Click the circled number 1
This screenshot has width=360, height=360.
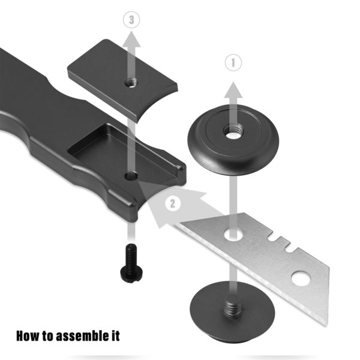tap(232, 62)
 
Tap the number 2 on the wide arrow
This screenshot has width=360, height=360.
tap(172, 203)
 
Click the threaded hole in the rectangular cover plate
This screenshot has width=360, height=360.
tap(128, 83)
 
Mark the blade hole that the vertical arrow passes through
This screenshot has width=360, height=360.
tap(232, 233)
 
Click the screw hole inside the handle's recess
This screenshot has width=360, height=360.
tap(131, 176)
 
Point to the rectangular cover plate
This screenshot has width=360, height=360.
tap(123, 75)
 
